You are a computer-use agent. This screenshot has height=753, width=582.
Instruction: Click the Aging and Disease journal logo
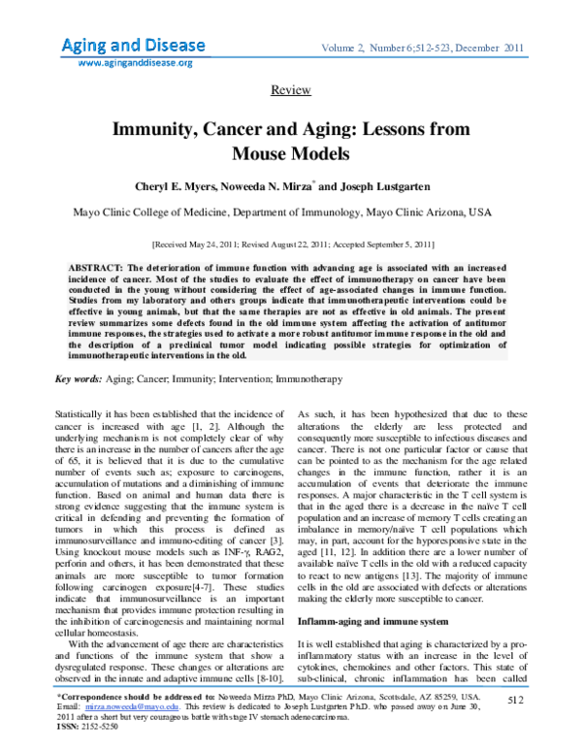[x=133, y=46]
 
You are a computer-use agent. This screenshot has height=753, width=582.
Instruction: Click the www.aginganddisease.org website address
[x=135, y=62]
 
